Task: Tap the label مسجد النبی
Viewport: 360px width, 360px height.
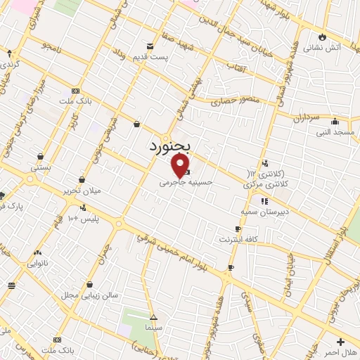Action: point(336,132)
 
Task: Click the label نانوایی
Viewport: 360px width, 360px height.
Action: point(37,264)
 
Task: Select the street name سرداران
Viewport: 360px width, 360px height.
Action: point(307,114)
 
